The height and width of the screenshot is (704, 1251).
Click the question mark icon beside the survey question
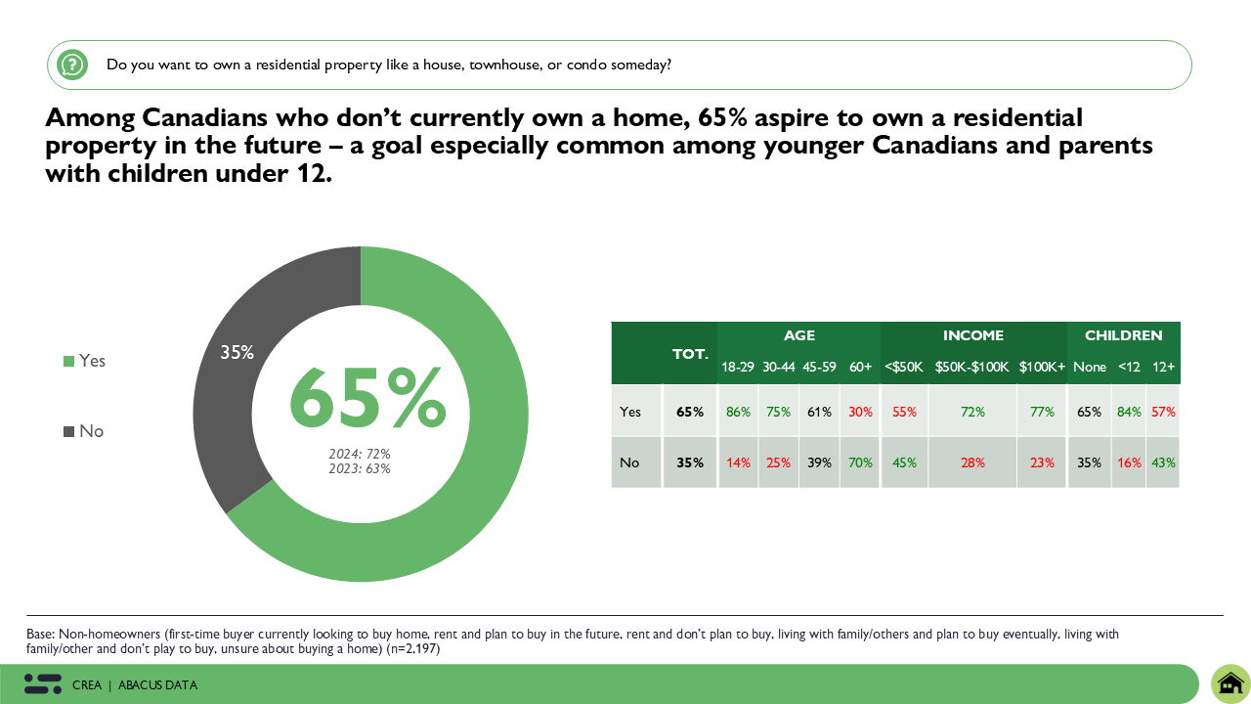[x=72, y=65]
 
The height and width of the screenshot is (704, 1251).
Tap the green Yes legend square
[x=68, y=361]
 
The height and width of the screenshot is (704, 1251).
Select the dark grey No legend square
[x=68, y=431]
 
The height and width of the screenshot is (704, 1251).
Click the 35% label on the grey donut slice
[x=237, y=352]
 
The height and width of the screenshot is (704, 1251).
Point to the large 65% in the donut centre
[x=367, y=400]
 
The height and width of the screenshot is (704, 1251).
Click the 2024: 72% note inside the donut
[x=360, y=454]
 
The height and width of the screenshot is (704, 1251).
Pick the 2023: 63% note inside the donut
[x=360, y=468]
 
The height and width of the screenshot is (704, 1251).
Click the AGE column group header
[x=798, y=335]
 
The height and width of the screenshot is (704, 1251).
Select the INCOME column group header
[x=972, y=335]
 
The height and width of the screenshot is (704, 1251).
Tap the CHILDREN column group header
[x=1123, y=335]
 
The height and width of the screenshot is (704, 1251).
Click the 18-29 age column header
[x=738, y=367]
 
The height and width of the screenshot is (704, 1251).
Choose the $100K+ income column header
[x=1042, y=367]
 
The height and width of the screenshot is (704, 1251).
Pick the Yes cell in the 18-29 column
[x=738, y=412]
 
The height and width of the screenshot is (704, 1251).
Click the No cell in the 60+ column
[x=860, y=462]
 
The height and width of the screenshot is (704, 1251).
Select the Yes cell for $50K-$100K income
[x=972, y=412]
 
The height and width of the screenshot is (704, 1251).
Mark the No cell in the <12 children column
[x=1128, y=462]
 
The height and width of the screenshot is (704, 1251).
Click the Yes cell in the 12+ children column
[x=1163, y=412]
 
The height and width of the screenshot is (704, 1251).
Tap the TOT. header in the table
[x=690, y=353]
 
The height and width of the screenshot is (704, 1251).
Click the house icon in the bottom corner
[x=1230, y=682]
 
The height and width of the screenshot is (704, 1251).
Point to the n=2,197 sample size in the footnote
[x=413, y=648]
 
